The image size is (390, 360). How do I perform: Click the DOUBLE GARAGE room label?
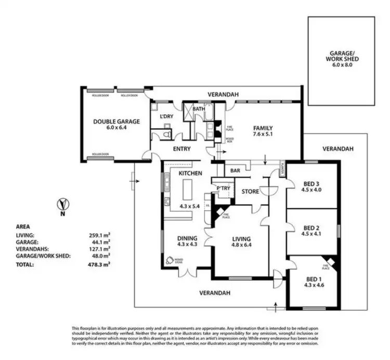pyautogui.click(x=109, y=121)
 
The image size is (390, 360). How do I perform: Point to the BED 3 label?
pyautogui.click(x=310, y=182)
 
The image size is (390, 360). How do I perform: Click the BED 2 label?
pyautogui.click(x=310, y=228)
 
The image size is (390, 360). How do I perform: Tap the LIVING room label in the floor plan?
pyautogui.click(x=242, y=239)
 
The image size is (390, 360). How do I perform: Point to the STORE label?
pyautogui.click(x=250, y=192)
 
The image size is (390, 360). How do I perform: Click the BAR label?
pyautogui.click(x=235, y=170)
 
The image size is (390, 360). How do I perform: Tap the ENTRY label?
pyautogui.click(x=181, y=149)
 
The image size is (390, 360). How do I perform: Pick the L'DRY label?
pyautogui.click(x=166, y=116)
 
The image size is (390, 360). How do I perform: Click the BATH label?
pyautogui.click(x=198, y=109)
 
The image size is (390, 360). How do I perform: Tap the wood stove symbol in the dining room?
pyautogui.click(x=170, y=261)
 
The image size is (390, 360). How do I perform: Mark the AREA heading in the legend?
pyautogui.click(x=23, y=227)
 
